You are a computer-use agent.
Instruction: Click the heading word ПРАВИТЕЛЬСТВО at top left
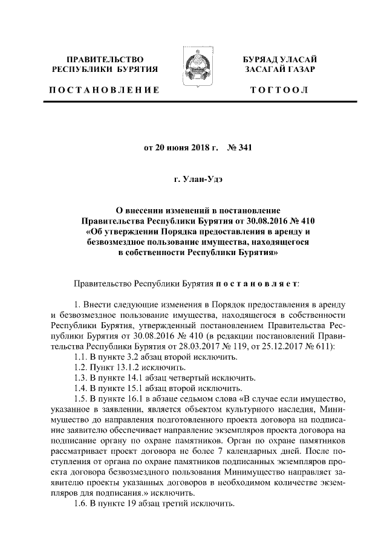(105, 60)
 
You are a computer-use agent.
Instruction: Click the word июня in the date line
(175, 146)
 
